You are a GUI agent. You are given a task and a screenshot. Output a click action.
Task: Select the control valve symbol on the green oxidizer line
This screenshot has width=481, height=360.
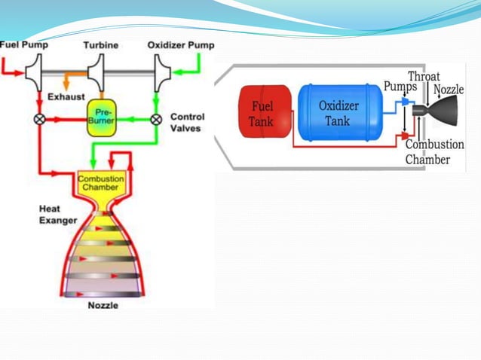[156, 119]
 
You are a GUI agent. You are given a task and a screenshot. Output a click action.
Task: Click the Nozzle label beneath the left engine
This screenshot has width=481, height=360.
[103, 305]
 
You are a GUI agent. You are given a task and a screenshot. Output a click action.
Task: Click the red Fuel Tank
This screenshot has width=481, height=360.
[261, 112]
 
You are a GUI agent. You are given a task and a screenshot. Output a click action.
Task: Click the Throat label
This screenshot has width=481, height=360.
[424, 76]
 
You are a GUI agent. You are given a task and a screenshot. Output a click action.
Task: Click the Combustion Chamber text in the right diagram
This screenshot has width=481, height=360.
[428, 151]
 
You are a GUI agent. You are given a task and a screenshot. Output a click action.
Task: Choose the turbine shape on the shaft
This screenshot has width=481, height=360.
[97, 74]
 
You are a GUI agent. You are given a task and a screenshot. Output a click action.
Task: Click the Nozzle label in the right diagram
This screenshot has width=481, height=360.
[451, 90]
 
